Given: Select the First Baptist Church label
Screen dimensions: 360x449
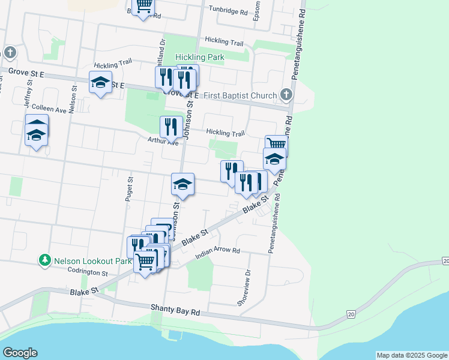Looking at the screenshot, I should [240, 95].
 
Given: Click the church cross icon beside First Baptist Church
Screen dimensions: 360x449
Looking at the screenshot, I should [286, 95].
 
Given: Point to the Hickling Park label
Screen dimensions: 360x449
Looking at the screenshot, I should [200, 58].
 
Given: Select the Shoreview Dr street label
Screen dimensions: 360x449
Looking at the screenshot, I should [243, 288].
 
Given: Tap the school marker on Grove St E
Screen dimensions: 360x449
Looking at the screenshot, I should [100, 82].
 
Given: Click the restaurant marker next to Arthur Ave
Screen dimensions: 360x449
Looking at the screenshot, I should [171, 126].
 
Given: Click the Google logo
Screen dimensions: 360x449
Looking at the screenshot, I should [20, 353].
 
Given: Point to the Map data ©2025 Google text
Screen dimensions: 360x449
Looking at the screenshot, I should [412, 355].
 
